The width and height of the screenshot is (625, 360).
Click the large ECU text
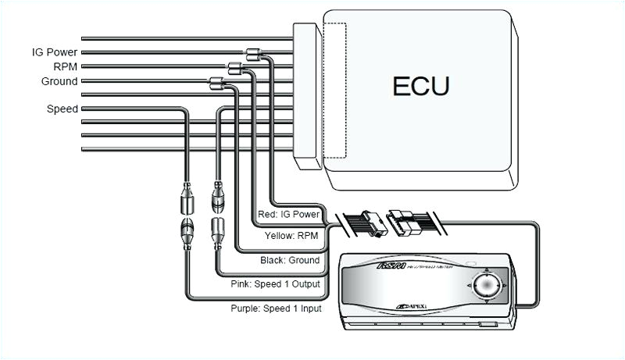420,84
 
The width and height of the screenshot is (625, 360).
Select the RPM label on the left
64,67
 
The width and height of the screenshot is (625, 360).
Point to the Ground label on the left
59,81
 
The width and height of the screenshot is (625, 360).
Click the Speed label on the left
62,109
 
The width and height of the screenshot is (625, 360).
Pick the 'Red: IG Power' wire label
289,214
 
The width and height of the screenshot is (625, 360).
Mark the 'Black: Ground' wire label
290,260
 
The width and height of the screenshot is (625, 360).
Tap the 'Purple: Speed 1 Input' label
276,308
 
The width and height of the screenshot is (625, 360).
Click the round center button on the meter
485,286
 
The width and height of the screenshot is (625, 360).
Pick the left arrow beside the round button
469,287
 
